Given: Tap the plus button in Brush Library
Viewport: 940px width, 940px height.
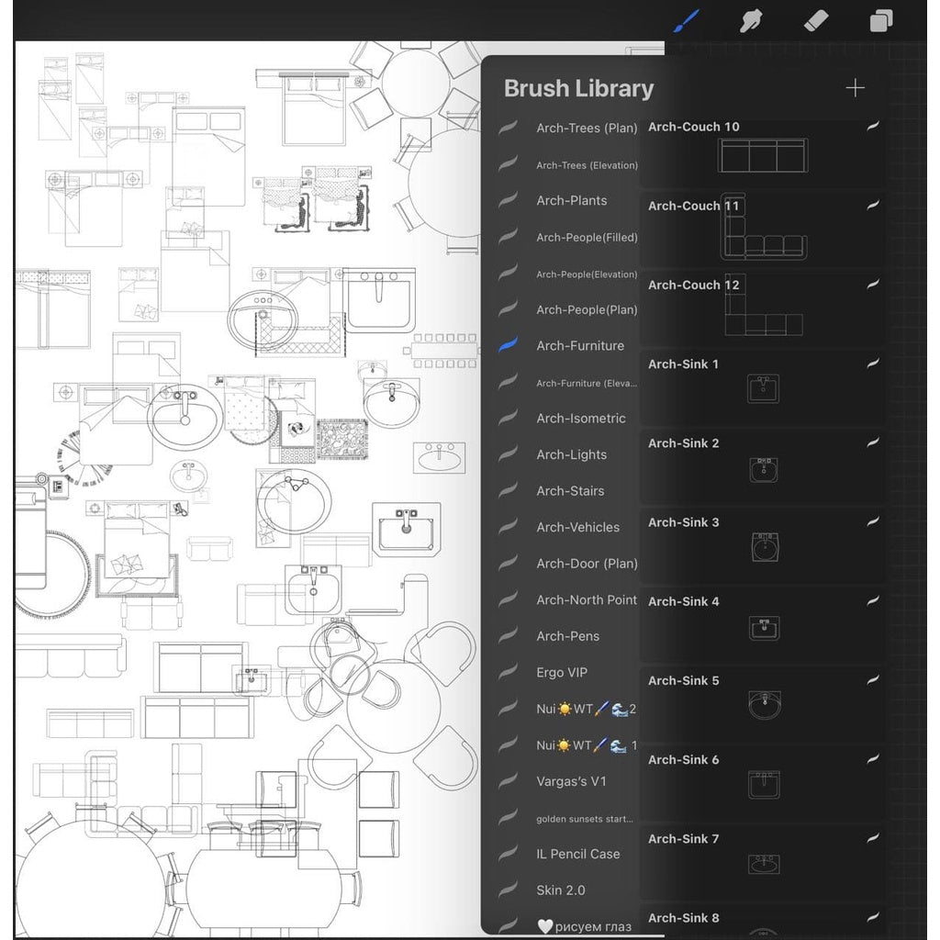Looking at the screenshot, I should (855, 88).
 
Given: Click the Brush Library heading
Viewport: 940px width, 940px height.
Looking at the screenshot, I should (578, 89).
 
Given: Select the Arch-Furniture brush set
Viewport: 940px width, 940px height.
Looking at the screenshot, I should (579, 346).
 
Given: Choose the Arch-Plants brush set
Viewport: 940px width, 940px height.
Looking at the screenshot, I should (571, 201).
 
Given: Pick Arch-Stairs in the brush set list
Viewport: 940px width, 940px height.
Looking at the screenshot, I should (570, 491).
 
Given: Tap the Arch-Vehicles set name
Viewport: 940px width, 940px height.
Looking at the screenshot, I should (577, 528).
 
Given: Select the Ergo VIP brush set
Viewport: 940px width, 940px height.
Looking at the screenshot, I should (562, 673).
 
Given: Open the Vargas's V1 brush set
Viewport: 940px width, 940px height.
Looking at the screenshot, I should (571, 782).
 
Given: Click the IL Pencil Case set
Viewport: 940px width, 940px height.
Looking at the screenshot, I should (577, 855).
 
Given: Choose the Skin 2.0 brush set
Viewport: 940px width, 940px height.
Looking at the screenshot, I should (560, 890).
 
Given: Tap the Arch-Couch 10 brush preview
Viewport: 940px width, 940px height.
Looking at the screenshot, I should (763, 156).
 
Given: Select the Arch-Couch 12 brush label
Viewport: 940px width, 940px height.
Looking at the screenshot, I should (693, 285).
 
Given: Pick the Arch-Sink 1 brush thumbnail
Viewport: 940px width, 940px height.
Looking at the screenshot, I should (763, 389).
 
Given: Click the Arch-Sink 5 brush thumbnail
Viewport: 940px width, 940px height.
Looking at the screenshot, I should (763, 705).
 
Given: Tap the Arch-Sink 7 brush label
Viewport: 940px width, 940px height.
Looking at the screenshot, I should (683, 839).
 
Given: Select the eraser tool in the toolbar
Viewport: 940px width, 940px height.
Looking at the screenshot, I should (817, 20).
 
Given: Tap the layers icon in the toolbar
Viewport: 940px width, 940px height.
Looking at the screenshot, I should (881, 20).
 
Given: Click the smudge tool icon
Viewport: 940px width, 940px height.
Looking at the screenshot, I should (751, 20).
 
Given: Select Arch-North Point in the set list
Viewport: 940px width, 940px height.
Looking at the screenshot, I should (586, 600).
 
